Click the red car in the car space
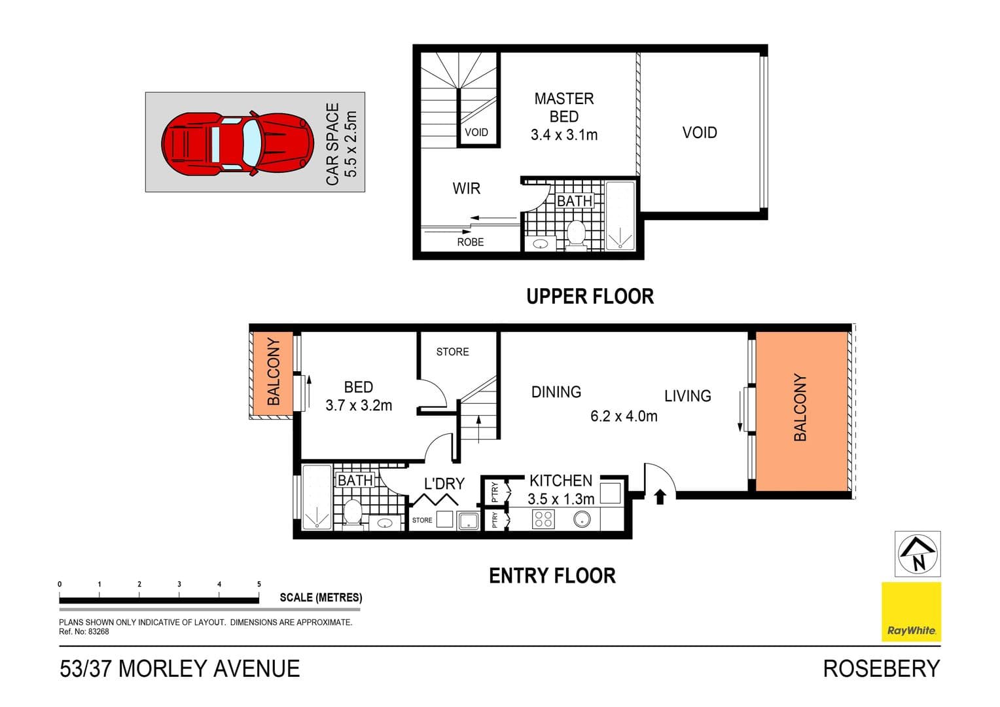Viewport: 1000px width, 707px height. point(237,143)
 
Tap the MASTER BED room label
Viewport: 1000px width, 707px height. point(563,107)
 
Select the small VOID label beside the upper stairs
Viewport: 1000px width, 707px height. point(476,132)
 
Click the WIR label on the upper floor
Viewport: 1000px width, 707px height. point(466,189)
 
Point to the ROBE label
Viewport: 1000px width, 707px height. point(470,242)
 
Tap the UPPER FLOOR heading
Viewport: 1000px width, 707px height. point(590,297)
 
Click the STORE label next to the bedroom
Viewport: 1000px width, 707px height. point(452,352)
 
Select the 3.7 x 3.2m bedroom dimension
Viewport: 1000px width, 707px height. point(359,405)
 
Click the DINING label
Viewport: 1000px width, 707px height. point(556,392)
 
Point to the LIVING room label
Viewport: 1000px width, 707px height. point(687,396)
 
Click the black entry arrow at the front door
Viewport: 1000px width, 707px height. point(660,497)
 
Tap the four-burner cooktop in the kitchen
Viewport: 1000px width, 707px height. point(543,520)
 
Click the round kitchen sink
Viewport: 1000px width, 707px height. point(582,520)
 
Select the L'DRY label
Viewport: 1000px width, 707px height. point(444,484)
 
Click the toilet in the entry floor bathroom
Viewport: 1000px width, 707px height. point(353,513)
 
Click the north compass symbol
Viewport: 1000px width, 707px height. point(918,554)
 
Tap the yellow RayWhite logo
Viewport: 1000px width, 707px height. point(911,611)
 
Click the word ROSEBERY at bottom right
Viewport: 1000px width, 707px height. point(881,669)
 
